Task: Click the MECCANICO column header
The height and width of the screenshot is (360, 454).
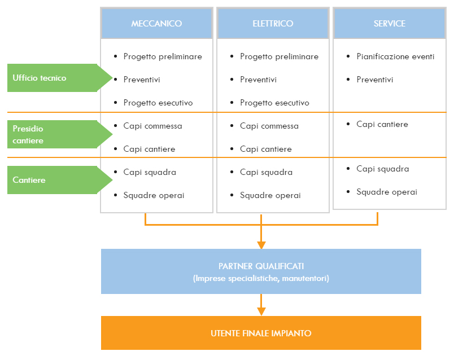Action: click(x=156, y=24)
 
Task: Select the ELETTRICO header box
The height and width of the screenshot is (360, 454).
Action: click(x=273, y=24)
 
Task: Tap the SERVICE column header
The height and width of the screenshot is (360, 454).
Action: click(x=390, y=24)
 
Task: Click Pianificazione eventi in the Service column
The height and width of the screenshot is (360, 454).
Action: click(x=395, y=56)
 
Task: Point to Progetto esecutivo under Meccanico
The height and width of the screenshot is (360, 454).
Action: click(x=158, y=103)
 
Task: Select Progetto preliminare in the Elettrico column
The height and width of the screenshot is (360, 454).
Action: click(x=279, y=56)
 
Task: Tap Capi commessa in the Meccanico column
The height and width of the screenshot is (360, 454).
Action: click(x=152, y=126)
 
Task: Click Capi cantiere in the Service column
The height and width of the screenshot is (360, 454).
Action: click(x=382, y=124)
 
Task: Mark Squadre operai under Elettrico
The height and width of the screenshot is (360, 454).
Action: click(x=270, y=195)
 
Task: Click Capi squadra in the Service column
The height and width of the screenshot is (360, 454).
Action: click(x=382, y=169)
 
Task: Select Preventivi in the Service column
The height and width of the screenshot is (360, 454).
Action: click(x=375, y=80)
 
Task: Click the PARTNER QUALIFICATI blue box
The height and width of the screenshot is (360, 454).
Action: click(x=261, y=271)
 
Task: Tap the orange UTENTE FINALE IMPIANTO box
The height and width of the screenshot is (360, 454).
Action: click(x=261, y=333)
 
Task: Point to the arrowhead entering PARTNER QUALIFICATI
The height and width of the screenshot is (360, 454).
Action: click(x=261, y=245)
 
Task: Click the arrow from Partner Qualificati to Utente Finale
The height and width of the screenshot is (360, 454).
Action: click(x=261, y=305)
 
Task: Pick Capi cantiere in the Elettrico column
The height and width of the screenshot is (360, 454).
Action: click(x=265, y=149)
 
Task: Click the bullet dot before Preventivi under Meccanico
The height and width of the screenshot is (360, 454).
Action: click(x=116, y=80)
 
